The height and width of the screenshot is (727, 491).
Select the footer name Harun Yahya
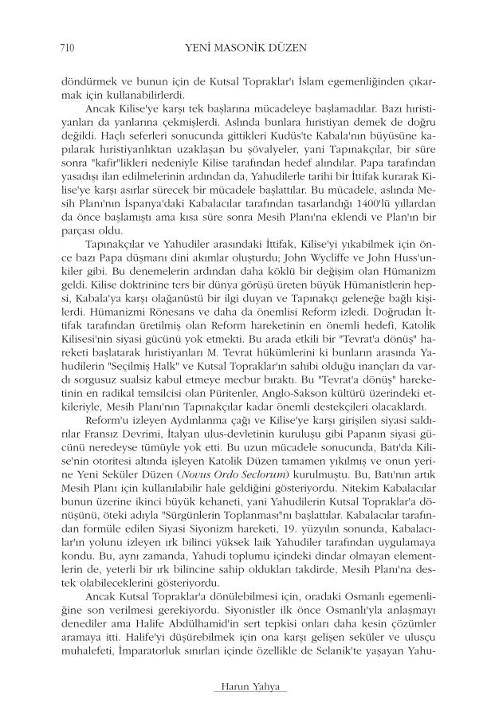coord(245,687)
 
